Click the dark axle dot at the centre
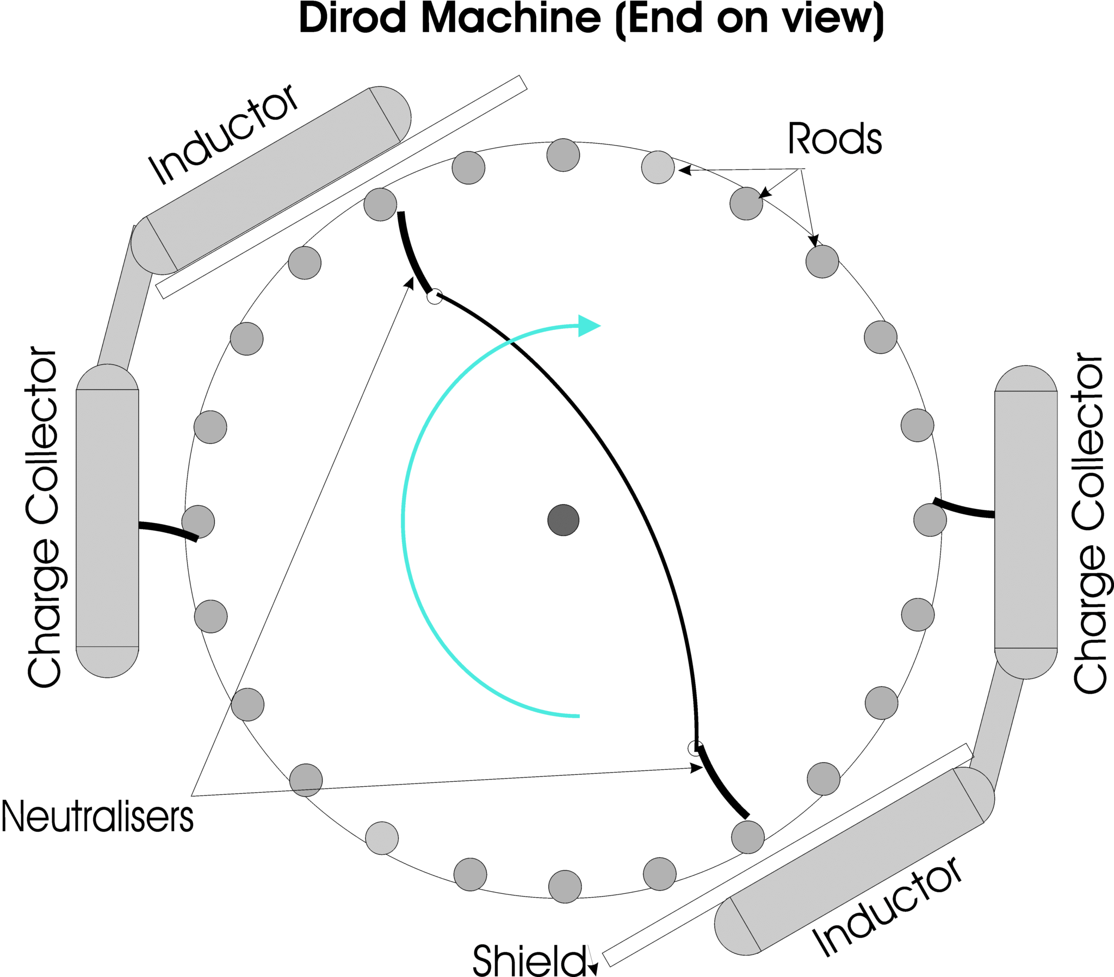coord(563,520)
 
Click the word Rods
coord(834,139)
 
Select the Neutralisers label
coord(97,817)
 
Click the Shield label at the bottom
coord(529,960)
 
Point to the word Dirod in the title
coord(353,19)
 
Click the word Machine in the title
coord(511,19)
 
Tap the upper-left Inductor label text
coord(224,135)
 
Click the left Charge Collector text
coord(44,518)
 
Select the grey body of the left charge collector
coord(107,518)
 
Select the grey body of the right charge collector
coord(1026,520)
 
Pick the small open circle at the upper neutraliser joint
coord(435,296)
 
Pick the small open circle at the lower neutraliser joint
coord(695,748)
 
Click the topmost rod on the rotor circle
coord(563,155)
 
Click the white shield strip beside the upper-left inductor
coord(341,187)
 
